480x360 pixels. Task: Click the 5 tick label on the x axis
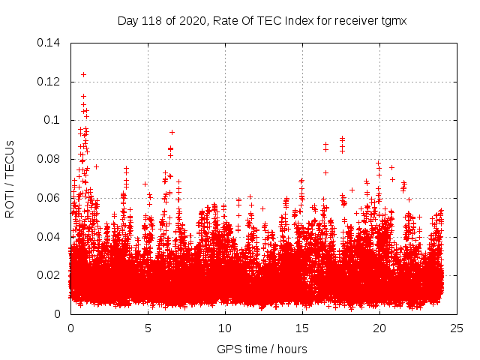pyautogui.click(x=148, y=328)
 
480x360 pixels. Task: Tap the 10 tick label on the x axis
pyautogui.click(x=225, y=328)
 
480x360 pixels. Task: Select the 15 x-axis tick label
pyautogui.click(x=302, y=328)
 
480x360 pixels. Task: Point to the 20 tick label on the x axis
pyautogui.click(x=379, y=328)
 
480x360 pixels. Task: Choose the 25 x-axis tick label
pyautogui.click(x=457, y=328)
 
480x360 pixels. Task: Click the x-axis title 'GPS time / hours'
pyautogui.click(x=262, y=349)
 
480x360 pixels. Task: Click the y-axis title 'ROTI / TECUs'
pyautogui.click(x=10, y=178)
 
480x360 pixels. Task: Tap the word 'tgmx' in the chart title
pyautogui.click(x=393, y=20)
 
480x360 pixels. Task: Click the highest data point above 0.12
pyautogui.click(x=83, y=74)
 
